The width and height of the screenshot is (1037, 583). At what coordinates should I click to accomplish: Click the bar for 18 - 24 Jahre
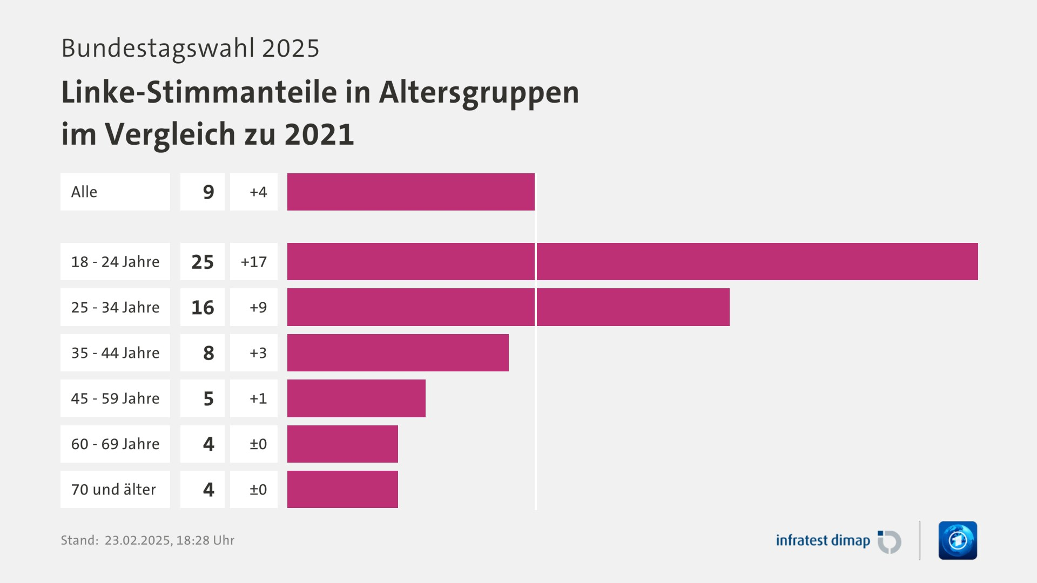632,261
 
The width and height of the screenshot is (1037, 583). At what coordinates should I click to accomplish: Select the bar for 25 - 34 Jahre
508,307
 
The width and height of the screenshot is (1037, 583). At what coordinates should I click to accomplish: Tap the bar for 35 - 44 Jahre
398,352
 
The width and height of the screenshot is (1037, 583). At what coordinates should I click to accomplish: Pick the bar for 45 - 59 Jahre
356,398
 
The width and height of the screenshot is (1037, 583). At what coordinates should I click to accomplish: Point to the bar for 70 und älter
342,489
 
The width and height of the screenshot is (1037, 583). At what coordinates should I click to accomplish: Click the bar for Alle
410,192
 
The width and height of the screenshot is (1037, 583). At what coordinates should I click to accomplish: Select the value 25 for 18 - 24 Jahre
203,262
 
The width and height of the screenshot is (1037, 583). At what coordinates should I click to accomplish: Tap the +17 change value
254,262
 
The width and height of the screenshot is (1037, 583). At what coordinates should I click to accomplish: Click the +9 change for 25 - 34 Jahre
258,307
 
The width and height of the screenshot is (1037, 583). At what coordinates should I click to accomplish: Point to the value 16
203,307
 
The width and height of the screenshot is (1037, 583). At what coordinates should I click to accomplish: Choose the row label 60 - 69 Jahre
115,444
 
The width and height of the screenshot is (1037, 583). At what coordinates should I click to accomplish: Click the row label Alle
84,192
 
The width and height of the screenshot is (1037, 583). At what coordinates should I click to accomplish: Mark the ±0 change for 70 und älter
258,490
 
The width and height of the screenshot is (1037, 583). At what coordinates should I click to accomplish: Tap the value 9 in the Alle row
208,192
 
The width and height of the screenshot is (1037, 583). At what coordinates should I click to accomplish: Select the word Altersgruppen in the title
479,93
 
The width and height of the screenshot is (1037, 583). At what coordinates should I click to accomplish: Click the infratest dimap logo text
823,540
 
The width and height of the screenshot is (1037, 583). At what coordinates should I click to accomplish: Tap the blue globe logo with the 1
958,540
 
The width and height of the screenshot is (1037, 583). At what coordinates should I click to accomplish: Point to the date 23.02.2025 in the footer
137,540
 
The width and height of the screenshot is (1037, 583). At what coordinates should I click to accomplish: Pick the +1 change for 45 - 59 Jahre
258,398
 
